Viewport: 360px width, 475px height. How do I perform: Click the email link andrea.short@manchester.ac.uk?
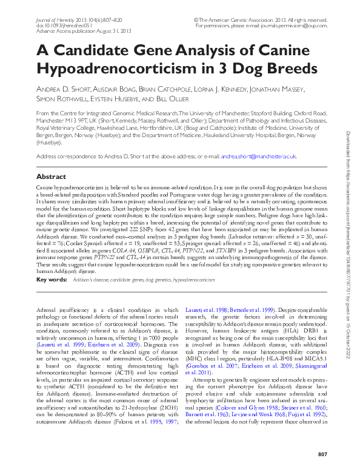[258, 156]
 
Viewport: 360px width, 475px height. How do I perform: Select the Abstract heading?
[52, 177]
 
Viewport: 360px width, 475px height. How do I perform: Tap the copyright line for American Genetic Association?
[268, 20]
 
